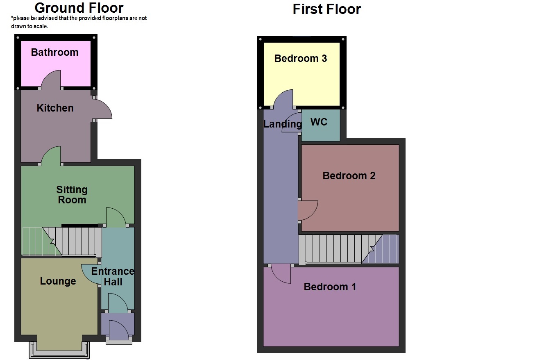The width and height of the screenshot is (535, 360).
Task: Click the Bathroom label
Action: click(54, 52)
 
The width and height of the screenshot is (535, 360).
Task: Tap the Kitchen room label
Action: click(55, 108)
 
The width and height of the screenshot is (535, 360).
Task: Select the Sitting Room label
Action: click(72, 195)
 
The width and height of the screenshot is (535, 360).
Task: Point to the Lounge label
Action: click(58, 281)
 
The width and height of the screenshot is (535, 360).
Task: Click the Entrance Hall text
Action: click(113, 276)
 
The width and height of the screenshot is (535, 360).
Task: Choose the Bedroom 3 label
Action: click(300, 58)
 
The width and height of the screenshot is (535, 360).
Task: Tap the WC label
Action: click(319, 122)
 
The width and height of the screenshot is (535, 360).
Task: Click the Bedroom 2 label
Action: click(349, 175)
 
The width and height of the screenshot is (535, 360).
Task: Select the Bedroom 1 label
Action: click(330, 287)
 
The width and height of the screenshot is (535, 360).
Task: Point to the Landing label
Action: click(282, 124)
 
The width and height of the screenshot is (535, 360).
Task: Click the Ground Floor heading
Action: click(79, 8)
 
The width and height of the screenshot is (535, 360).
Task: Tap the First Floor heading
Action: click(326, 9)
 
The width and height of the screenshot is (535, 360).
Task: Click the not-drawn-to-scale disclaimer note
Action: click(79, 22)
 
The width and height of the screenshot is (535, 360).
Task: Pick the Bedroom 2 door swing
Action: click(307, 210)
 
